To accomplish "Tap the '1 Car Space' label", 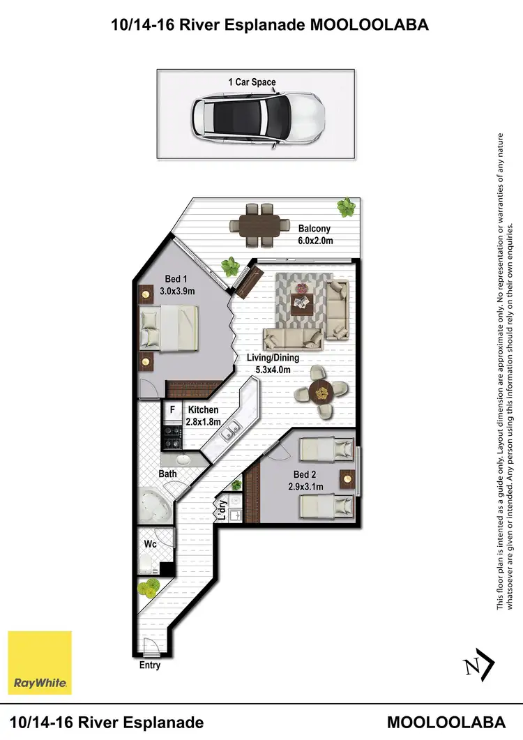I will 252,82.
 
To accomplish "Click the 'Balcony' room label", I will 314,228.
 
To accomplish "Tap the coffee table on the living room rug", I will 301,302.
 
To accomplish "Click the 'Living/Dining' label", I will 273,358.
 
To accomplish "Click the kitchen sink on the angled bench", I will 228,435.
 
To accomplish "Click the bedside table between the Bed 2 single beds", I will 346,479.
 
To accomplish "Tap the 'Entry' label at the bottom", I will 150,665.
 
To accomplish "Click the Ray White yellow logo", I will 40,663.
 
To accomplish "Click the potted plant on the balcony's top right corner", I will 345,206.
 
